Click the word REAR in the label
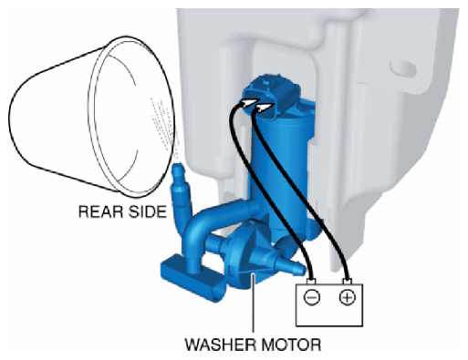pos(101,211)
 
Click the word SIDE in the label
pos(148,211)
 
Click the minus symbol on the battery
pos(312,297)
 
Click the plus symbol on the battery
pos(348,297)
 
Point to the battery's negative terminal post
pos(311,282)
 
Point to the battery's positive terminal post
pos(347,282)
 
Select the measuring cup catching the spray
pos(91,117)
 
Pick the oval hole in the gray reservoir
pos(402,68)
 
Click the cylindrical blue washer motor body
pos(281,170)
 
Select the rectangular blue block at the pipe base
pos(193,278)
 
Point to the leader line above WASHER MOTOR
pos(253,303)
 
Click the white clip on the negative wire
pos(250,103)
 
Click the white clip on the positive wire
pos(265,108)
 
